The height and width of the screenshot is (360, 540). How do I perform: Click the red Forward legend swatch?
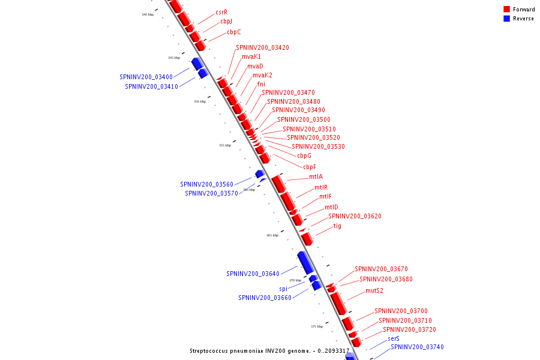pyautogui.click(x=506, y=10)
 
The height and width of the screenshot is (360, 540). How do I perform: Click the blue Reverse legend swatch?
pyautogui.click(x=506, y=19)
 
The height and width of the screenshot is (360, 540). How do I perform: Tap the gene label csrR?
pyautogui.click(x=221, y=12)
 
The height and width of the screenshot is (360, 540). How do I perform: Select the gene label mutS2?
pyautogui.click(x=374, y=291)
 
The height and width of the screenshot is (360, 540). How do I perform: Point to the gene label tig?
pyautogui.click(x=337, y=226)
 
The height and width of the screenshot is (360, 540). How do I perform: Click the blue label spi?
pyautogui.click(x=283, y=289)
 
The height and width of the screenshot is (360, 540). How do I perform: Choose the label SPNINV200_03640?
pyautogui.click(x=253, y=274)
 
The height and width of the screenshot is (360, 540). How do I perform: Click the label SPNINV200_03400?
pyautogui.click(x=146, y=77)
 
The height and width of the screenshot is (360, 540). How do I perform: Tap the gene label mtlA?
pyautogui.click(x=316, y=177)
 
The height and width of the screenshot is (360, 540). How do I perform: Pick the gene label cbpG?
pyautogui.click(x=304, y=156)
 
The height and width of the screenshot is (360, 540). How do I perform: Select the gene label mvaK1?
pyautogui.click(x=251, y=56)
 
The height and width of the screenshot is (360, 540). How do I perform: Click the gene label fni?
pyautogui.click(x=261, y=84)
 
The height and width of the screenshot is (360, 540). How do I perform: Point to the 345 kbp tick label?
pyautogui.click(x=174, y=58)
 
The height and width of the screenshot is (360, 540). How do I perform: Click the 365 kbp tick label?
pyautogui.click(x=272, y=235)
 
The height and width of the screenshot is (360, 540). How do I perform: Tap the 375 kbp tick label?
pyautogui.click(x=317, y=326)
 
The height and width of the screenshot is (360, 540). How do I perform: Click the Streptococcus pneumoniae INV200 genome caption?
pyautogui.click(x=269, y=351)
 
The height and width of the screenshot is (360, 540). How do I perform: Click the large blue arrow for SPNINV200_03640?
pyautogui.click(x=305, y=262)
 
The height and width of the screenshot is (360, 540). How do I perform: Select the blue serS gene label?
pyautogui.click(x=394, y=338)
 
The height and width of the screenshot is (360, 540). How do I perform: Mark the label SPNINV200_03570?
pyautogui.click(x=211, y=193)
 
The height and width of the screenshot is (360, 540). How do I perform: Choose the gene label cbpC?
pyautogui.click(x=234, y=32)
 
